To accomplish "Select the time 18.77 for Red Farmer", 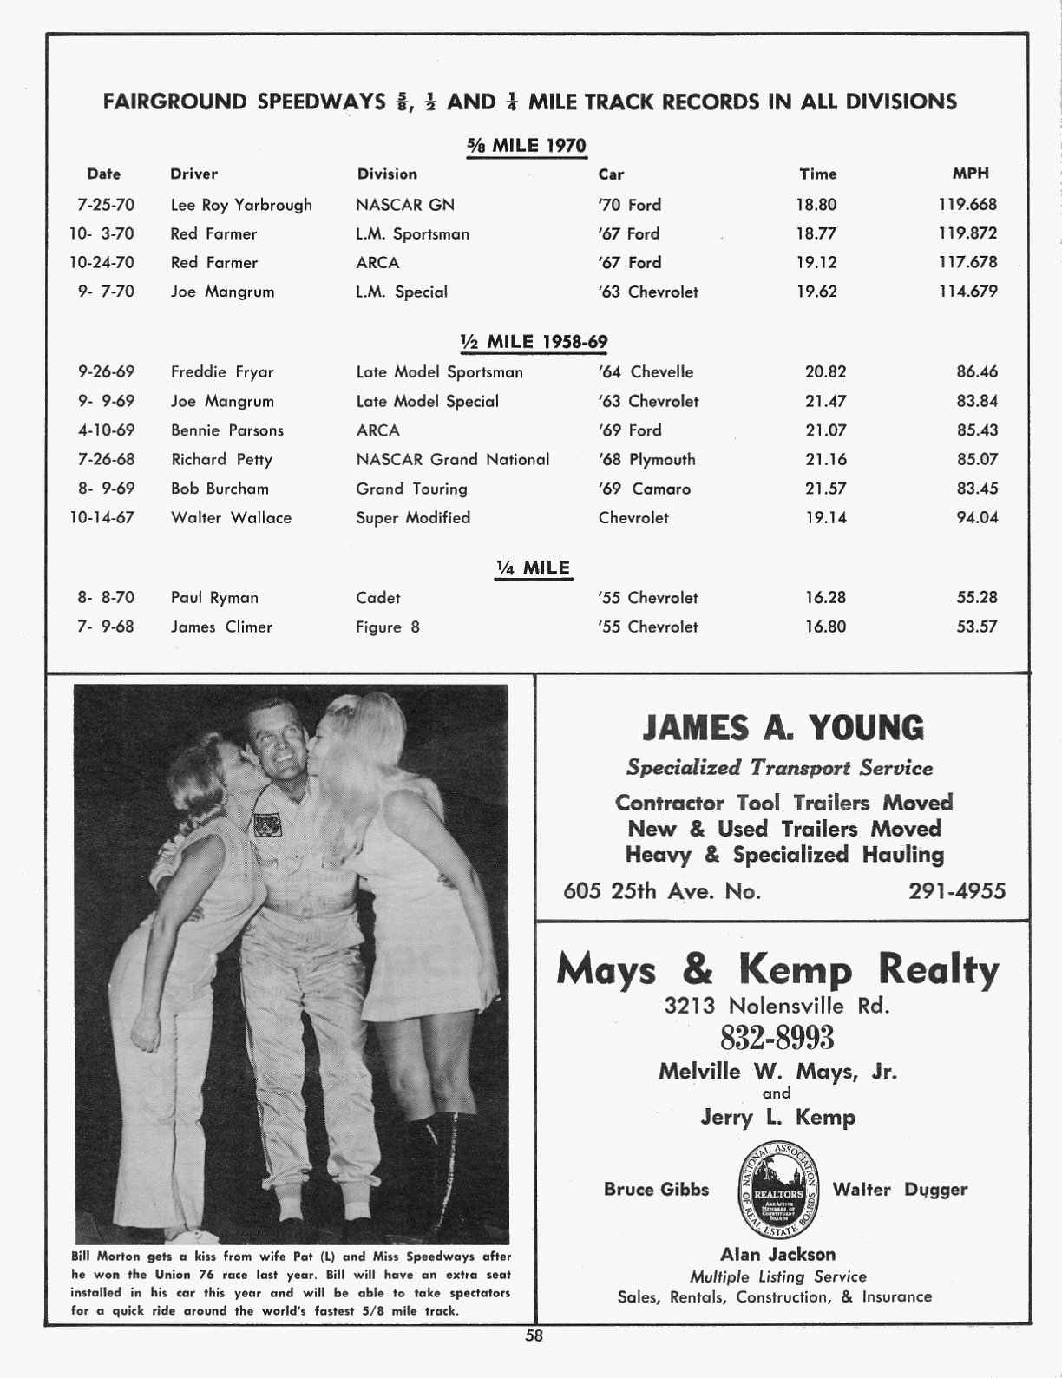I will click(x=816, y=233).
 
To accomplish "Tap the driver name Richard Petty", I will click(x=221, y=459).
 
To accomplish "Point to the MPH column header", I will click(x=970, y=174).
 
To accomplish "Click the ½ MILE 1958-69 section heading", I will click(x=534, y=342).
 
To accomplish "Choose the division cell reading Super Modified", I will click(x=413, y=517).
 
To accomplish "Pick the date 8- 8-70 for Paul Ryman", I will click(x=106, y=597).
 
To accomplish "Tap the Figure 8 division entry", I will click(x=387, y=627).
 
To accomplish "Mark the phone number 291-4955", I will click(x=957, y=891).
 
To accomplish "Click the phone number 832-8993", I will click(x=777, y=1037).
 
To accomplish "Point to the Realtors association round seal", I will click(x=770, y=1190).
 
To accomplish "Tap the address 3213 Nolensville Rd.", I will click(x=777, y=1006).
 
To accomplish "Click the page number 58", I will click(x=533, y=1336).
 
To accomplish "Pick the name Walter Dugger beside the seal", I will click(x=900, y=1190).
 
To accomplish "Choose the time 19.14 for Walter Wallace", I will click(x=825, y=517).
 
